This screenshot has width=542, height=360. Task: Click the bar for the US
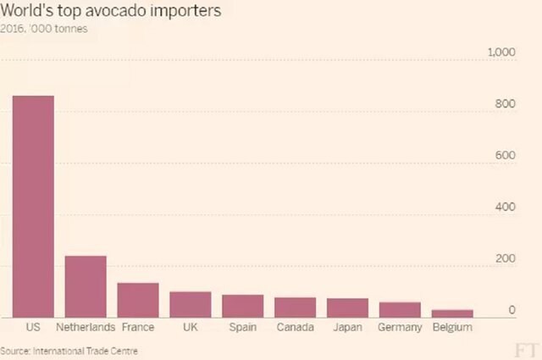(x=33, y=207)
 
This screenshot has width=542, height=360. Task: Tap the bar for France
(x=138, y=300)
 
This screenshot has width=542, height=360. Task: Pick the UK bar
(x=191, y=304)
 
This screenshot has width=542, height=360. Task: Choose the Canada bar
(x=296, y=307)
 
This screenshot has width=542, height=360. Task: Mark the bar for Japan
(x=348, y=307)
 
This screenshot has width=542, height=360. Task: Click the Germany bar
(x=401, y=309)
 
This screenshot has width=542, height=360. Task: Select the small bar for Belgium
(x=452, y=313)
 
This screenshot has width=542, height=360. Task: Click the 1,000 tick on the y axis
(x=501, y=53)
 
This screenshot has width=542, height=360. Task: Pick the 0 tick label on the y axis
(x=512, y=311)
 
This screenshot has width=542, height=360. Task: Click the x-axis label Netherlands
(x=86, y=327)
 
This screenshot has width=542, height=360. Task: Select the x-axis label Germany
(x=401, y=327)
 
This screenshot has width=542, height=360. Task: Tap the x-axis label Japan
(x=348, y=327)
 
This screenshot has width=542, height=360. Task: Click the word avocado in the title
(x=123, y=12)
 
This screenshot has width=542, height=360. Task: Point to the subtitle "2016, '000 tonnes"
(x=44, y=29)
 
